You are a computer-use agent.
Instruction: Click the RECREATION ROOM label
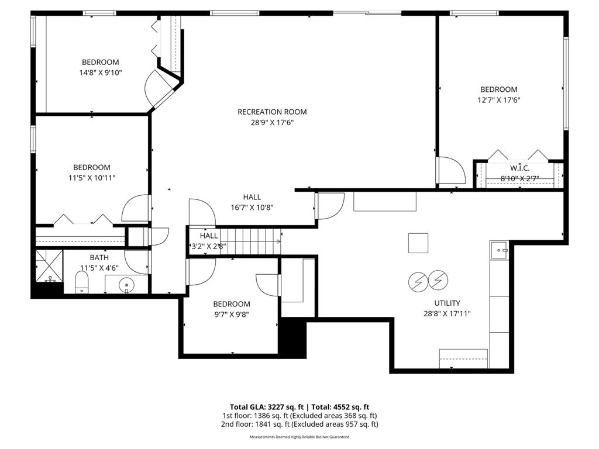(271, 112)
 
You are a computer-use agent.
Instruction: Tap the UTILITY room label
(447, 303)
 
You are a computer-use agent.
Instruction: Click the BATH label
(99, 257)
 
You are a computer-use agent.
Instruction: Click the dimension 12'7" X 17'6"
(499, 100)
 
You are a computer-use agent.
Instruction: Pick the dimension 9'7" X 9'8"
(231, 315)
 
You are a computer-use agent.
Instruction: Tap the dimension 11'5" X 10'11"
(91, 178)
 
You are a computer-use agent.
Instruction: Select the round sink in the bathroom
(126, 286)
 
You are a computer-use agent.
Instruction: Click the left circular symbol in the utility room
(418, 282)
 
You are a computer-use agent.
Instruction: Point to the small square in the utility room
(418, 243)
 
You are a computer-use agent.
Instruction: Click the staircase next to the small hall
(253, 241)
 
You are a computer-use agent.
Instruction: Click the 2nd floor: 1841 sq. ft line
(299, 424)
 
